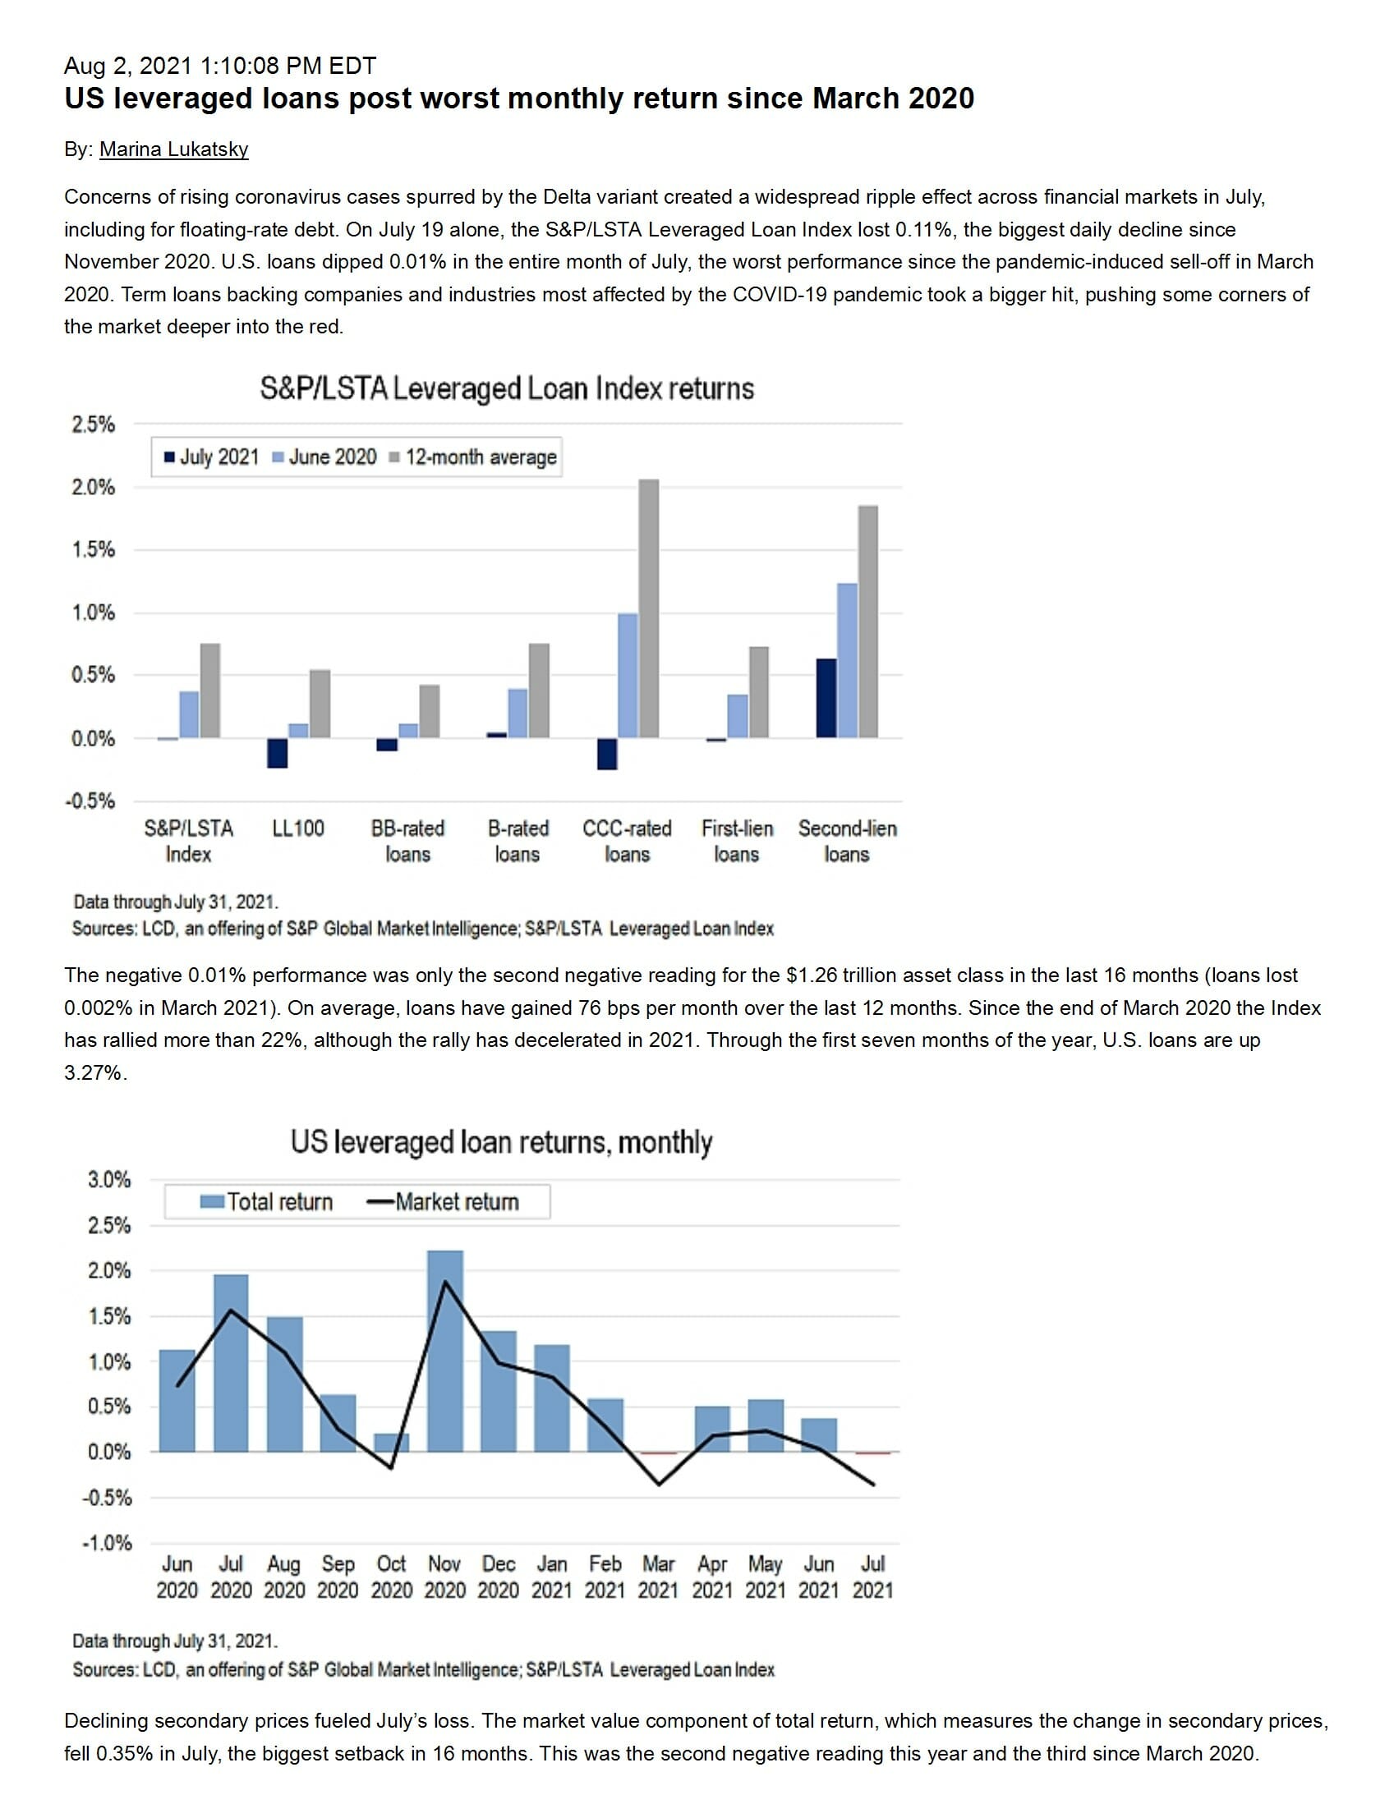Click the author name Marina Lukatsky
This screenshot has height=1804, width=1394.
click(173, 149)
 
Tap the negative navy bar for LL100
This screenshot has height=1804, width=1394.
click(278, 752)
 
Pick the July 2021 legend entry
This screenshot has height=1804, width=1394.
click(213, 457)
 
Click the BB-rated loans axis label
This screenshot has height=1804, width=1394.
click(407, 841)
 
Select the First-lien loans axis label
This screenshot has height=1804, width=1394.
click(736, 841)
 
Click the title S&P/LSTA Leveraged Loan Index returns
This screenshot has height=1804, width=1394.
click(507, 388)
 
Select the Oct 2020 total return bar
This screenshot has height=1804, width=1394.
click(392, 1442)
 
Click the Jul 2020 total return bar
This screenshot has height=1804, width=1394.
click(231, 1363)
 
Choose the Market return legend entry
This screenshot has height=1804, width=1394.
click(443, 1202)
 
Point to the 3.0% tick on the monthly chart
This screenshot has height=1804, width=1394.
click(109, 1179)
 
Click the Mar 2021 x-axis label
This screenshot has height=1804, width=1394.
click(659, 1577)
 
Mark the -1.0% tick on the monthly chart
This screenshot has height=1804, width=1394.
click(107, 1543)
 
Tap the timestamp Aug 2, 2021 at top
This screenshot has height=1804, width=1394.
click(220, 65)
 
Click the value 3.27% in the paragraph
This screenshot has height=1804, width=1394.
click(94, 1073)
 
